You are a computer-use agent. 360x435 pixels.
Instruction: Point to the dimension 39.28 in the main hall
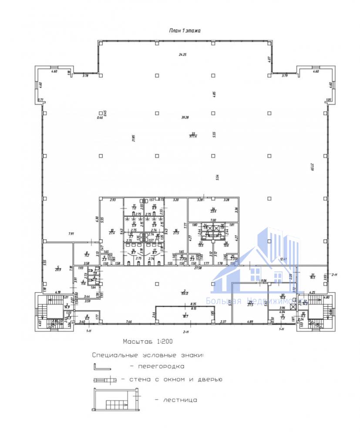pos(185,117)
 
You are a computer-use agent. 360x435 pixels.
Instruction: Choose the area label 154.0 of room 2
pos(185,293)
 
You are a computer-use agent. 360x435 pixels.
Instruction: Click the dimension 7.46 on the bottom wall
pos(129,322)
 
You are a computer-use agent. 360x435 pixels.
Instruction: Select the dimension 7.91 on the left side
pos(71,234)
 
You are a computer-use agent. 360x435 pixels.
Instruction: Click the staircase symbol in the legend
pos(115,400)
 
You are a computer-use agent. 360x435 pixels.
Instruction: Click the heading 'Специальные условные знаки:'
pos(147,355)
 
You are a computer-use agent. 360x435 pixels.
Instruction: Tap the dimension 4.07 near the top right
pos(270,59)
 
